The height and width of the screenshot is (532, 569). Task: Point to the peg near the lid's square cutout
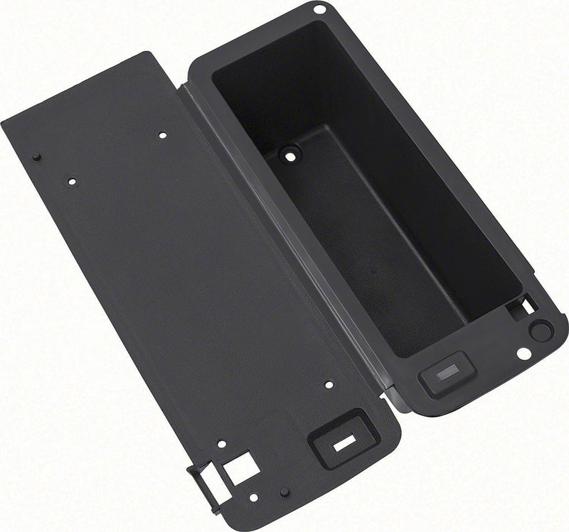(x=282, y=491)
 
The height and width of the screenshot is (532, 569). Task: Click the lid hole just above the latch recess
(x=328, y=384)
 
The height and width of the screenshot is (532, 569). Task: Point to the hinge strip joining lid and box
(x=284, y=234)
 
